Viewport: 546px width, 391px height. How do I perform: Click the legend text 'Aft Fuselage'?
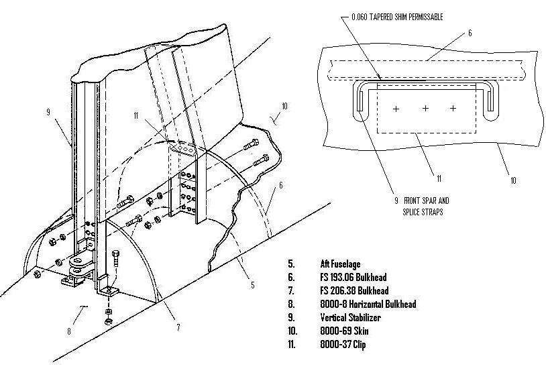341,264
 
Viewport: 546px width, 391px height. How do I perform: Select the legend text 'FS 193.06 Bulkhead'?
353,277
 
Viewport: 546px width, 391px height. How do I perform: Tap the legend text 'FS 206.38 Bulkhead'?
353,290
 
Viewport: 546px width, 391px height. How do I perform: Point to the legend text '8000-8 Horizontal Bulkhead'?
368,304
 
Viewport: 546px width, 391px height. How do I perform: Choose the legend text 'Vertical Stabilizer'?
351,317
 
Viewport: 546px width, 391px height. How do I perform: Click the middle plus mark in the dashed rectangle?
425,108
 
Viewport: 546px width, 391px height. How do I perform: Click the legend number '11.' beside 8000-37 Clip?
292,344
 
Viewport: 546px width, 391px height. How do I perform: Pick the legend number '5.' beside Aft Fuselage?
290,264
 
